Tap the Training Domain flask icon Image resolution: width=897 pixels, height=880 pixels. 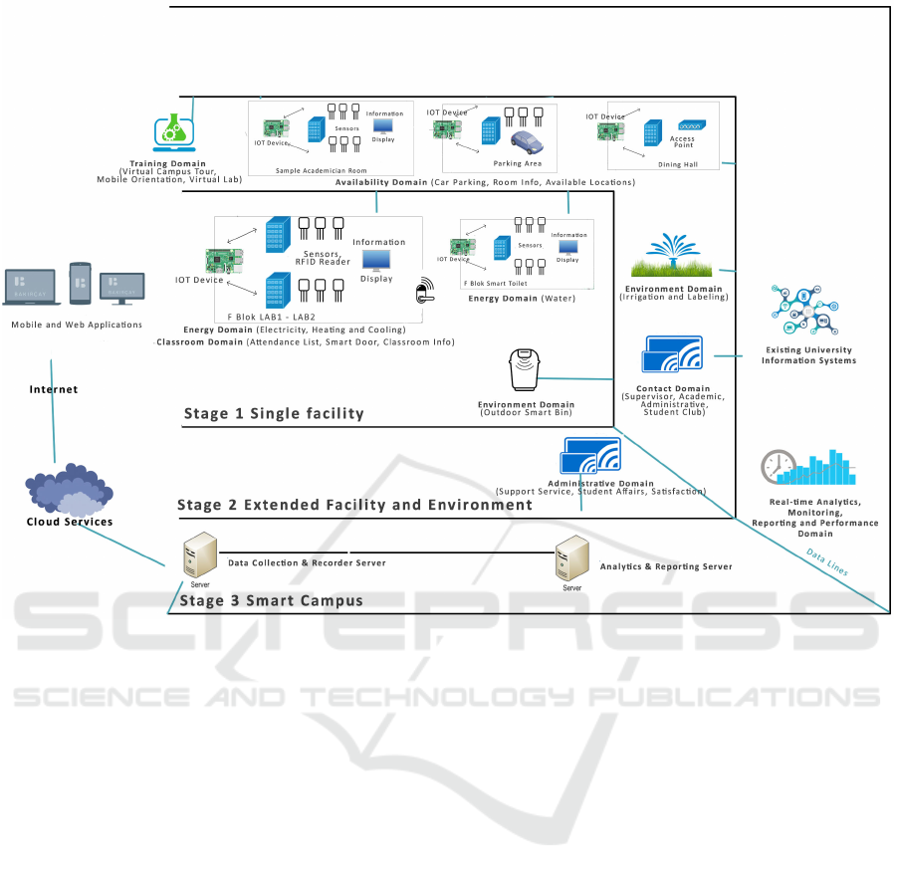tap(174, 132)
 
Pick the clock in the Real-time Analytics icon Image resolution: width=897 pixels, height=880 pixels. tap(778, 467)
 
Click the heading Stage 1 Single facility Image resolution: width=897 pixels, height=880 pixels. tap(274, 413)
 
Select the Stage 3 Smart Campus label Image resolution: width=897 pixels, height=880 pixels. tap(270, 600)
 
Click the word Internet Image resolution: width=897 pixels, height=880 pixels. tap(54, 389)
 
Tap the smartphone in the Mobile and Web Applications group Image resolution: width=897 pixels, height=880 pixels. tap(80, 283)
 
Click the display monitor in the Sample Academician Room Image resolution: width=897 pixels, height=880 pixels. tap(384, 126)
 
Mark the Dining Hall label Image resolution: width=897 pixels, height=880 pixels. tap(677, 164)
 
